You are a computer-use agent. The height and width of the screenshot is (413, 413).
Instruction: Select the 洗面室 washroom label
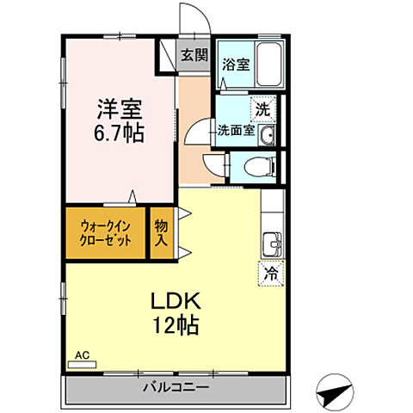(234, 131)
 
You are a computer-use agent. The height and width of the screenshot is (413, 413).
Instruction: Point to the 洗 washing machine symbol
(263, 109)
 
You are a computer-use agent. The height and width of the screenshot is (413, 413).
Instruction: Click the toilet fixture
(257, 167)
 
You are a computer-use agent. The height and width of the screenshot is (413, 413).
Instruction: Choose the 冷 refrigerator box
(269, 274)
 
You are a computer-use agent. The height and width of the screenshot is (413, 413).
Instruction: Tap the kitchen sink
(272, 243)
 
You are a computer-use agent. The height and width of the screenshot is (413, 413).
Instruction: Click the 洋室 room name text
(120, 108)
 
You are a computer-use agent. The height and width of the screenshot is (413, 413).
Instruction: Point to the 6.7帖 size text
(120, 133)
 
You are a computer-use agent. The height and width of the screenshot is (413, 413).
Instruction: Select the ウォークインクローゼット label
(105, 233)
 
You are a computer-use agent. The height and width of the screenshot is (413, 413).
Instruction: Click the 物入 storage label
(161, 233)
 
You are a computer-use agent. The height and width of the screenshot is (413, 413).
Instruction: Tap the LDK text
(176, 301)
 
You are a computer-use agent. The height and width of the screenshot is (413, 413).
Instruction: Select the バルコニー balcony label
(176, 386)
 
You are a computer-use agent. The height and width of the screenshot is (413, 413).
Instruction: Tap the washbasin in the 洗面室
(267, 135)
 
